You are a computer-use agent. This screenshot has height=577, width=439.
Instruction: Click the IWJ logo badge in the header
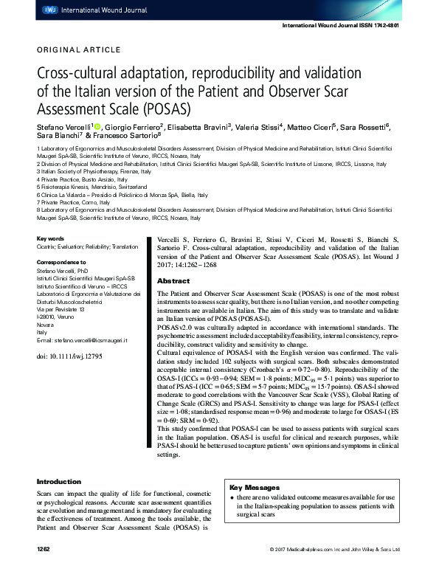click(x=49, y=10)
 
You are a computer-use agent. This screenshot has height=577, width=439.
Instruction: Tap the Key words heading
click(x=51, y=239)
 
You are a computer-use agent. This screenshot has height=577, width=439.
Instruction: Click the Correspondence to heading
click(x=61, y=262)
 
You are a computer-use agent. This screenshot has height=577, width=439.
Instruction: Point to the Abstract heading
click(x=174, y=281)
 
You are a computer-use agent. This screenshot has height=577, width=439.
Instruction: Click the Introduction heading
click(x=59, y=482)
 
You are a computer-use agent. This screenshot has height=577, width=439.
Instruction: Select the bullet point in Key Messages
click(x=232, y=500)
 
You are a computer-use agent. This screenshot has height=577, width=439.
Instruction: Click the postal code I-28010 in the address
click(x=48, y=317)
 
